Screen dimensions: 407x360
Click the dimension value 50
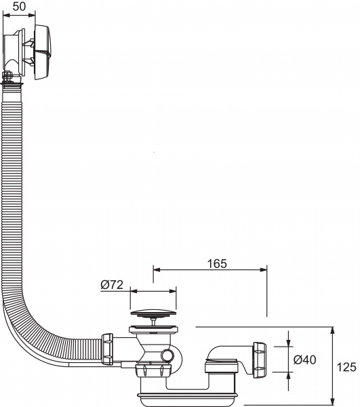[x=19, y=6]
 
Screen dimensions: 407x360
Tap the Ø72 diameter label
[x=112, y=286]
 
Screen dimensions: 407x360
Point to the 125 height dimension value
[x=346, y=367]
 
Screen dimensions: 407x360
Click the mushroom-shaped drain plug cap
[x=153, y=314]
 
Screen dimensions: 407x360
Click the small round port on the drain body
[x=167, y=357]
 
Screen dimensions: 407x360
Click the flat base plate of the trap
[x=188, y=395]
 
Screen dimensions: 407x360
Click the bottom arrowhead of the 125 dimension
[x=333, y=401]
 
